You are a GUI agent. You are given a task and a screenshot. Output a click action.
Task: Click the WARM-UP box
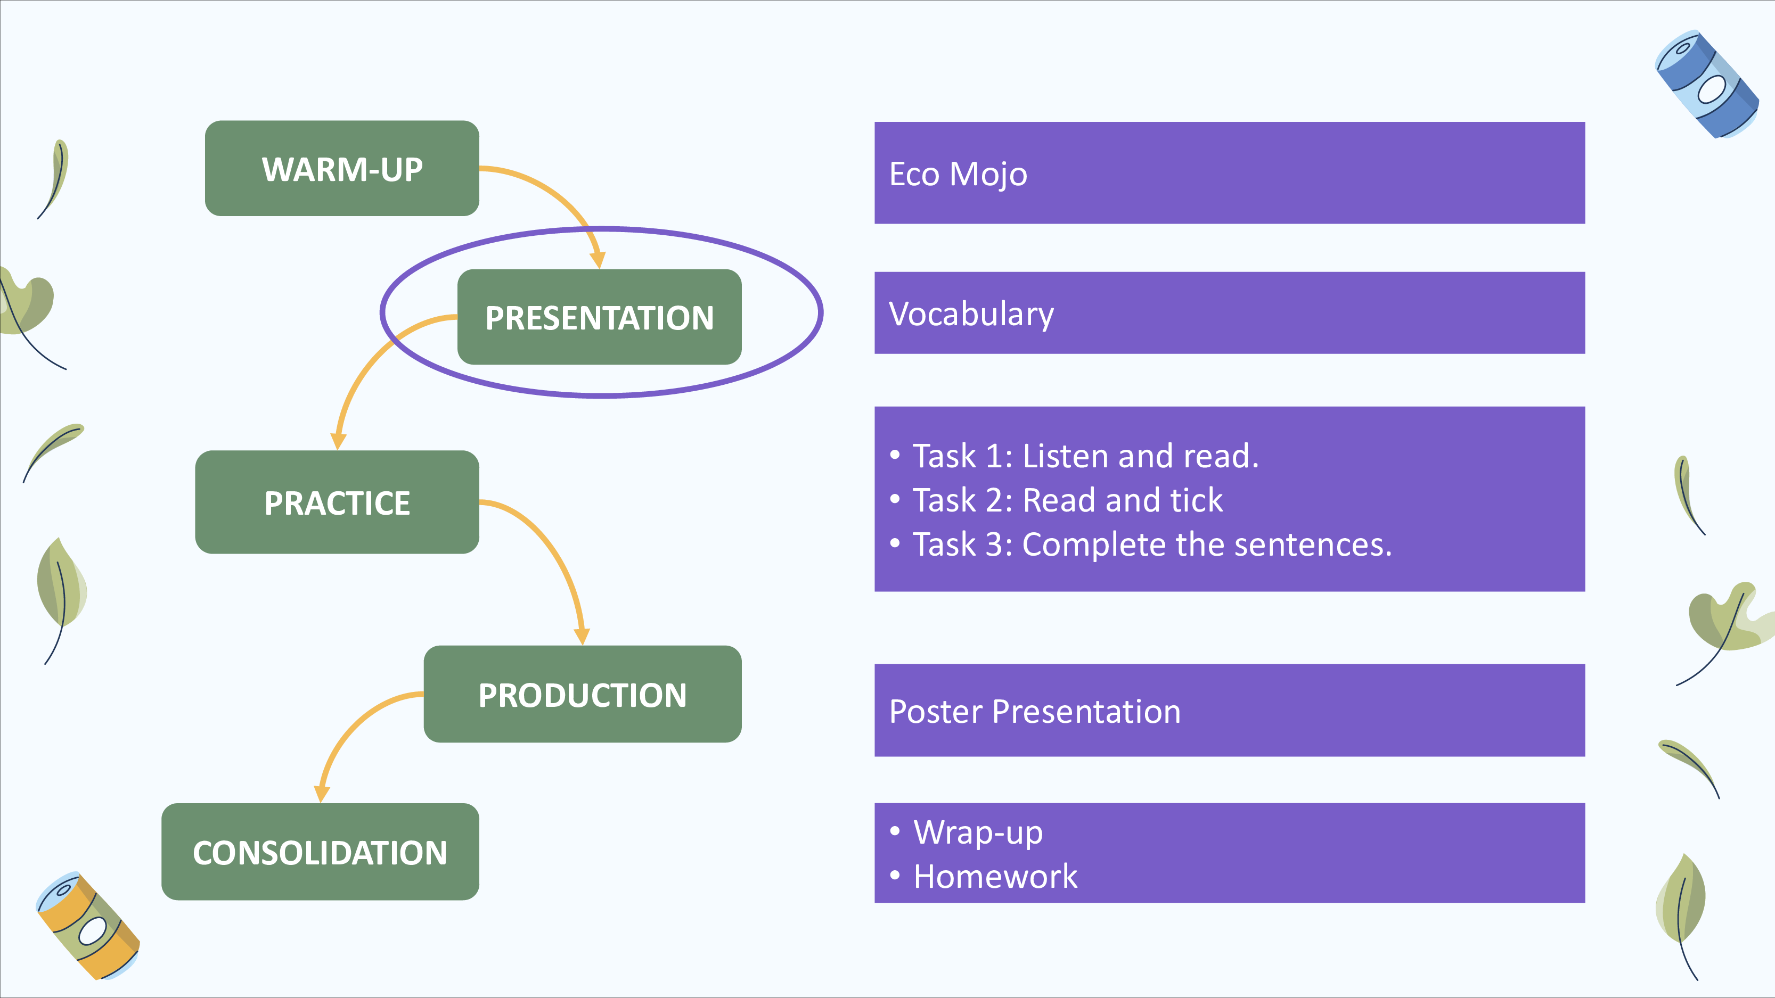(x=342, y=169)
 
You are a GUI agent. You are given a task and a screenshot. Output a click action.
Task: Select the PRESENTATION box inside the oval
(x=600, y=317)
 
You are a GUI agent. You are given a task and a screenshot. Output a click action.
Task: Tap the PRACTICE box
(x=337, y=502)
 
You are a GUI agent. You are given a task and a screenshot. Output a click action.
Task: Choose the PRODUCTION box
(x=582, y=694)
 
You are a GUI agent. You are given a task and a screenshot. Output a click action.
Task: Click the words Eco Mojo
(x=958, y=174)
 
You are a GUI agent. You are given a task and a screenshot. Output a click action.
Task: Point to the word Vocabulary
(x=971, y=315)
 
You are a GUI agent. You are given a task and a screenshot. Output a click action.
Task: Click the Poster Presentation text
(x=1035, y=712)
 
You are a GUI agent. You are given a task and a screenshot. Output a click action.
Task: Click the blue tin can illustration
(x=1707, y=84)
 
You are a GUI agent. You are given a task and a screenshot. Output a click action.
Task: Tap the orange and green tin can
(x=87, y=926)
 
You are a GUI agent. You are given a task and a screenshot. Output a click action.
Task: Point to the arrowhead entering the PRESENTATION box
(x=598, y=260)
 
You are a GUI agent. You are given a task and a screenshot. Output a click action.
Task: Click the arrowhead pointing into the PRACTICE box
(x=338, y=441)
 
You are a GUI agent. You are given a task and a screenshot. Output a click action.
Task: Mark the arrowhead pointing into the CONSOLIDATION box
(x=322, y=794)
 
